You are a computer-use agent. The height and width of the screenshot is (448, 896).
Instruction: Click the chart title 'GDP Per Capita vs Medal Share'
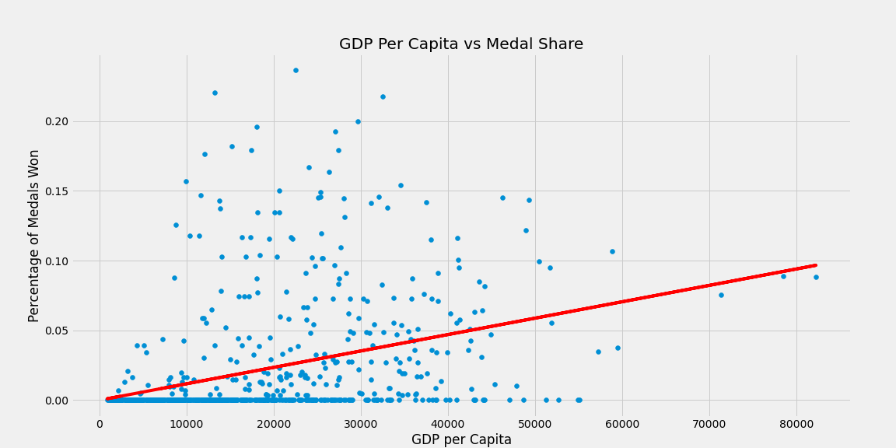[460, 44]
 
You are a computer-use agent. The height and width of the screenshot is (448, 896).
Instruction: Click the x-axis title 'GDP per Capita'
[461, 439]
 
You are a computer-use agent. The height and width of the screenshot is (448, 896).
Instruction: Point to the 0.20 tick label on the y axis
[78, 121]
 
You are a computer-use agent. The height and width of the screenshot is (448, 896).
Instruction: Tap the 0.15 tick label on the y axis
[78, 191]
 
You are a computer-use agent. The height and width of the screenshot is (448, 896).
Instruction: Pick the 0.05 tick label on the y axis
[78, 331]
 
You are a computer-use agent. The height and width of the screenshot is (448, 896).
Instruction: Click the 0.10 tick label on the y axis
[78, 261]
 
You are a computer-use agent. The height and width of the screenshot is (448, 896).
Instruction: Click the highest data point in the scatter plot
[296, 70]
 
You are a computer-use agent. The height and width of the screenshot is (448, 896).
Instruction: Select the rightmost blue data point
[816, 277]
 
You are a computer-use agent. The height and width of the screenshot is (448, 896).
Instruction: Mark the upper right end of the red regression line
[815, 265]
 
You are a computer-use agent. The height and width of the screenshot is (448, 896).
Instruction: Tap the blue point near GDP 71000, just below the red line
[721, 295]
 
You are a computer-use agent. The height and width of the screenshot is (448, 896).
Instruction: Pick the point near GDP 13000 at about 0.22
[215, 93]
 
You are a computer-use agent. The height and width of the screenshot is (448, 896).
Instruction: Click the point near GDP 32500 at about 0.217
[383, 96]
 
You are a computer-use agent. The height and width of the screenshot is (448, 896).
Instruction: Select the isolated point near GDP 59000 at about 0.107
[612, 251]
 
